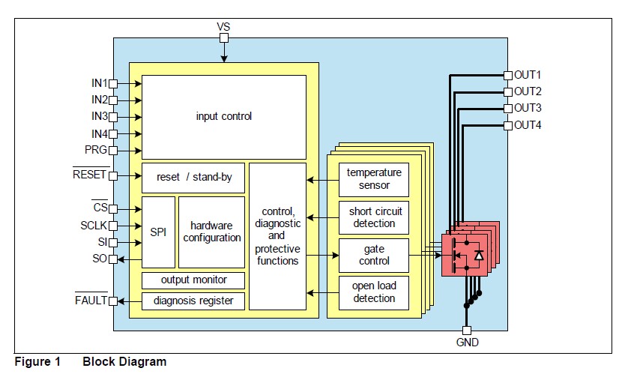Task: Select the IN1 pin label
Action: [x=100, y=82]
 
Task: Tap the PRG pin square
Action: [x=113, y=150]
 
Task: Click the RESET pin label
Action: [x=89, y=175]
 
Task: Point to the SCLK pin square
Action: [x=113, y=226]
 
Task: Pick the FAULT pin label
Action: [x=91, y=301]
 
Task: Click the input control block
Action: [x=223, y=116]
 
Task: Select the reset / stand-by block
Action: [x=194, y=178]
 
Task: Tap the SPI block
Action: [x=158, y=232]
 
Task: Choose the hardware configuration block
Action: [x=211, y=232]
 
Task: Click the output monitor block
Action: [x=193, y=280]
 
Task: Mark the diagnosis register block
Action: [x=193, y=301]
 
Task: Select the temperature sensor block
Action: [x=374, y=179]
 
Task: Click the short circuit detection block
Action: [x=374, y=217]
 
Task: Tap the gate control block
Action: [x=374, y=255]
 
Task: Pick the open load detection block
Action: [x=374, y=292]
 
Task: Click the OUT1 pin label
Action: [x=528, y=75]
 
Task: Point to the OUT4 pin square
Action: [x=508, y=125]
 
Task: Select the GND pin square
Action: [x=466, y=330]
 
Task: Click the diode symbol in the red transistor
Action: [x=479, y=255]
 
